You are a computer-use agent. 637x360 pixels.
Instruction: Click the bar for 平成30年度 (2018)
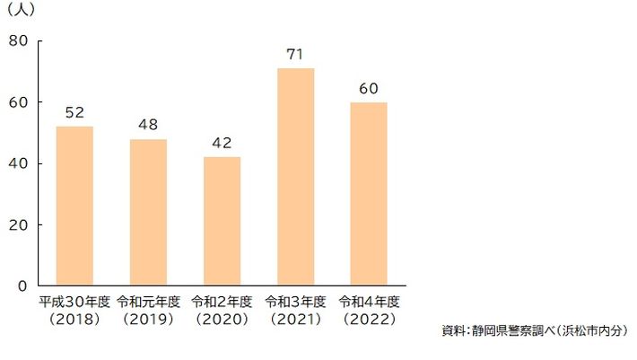74,206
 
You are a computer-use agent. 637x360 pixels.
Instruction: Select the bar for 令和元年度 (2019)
148,212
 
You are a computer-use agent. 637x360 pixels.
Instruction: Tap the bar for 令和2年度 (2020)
222,221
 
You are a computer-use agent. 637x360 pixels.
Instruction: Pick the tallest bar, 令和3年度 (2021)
295,177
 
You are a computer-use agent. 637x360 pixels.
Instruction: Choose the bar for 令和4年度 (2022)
369,194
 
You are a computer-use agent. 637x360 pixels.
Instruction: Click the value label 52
74,114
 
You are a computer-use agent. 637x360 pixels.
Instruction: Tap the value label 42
222,144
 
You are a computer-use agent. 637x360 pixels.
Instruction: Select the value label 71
295,55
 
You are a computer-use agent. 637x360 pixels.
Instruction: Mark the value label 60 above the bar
369,89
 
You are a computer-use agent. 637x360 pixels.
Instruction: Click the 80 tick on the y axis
19,41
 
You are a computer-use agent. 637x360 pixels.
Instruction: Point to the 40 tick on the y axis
19,163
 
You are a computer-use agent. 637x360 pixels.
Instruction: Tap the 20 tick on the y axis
19,224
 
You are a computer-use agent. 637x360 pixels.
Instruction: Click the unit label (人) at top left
21,11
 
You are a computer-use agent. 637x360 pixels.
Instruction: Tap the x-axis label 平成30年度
74,302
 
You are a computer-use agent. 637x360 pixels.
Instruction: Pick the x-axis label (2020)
222,319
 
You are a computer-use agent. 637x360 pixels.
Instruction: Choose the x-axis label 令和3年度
295,302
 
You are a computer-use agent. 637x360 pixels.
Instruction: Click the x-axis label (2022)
369,319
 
